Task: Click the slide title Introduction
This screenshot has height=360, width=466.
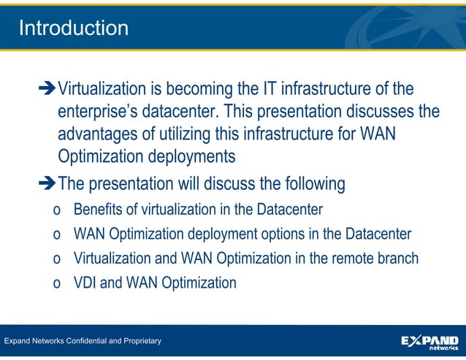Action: (73, 28)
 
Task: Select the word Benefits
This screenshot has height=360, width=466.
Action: (99, 210)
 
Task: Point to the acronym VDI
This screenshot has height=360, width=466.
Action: (85, 283)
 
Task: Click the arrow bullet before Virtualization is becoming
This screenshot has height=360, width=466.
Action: (47, 91)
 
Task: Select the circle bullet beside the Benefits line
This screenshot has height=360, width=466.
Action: (57, 212)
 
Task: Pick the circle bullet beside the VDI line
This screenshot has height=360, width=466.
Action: (57, 284)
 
